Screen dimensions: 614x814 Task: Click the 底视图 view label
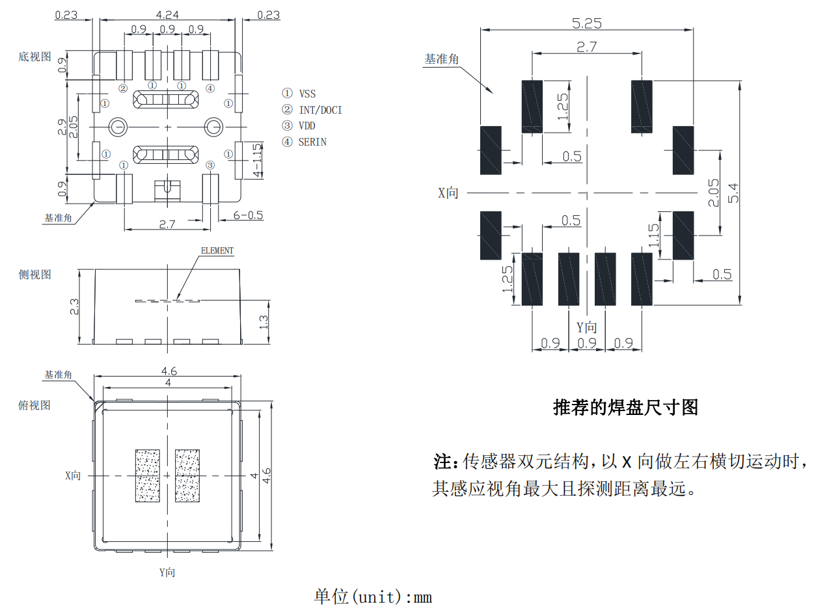(34, 57)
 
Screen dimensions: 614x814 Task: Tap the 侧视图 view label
(34, 275)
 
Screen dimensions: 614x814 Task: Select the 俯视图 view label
(34, 406)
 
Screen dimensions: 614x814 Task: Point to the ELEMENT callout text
(217, 250)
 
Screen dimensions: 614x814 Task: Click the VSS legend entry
(307, 94)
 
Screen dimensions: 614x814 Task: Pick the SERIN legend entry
(312, 141)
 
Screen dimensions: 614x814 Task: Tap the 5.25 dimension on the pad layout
(586, 23)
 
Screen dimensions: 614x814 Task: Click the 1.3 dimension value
(264, 321)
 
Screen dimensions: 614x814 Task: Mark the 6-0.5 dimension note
(248, 215)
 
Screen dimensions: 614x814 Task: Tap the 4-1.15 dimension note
(258, 161)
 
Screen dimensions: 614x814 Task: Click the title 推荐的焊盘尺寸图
(625, 408)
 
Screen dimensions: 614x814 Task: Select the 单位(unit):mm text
(373, 596)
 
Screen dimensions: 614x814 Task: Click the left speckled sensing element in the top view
(147, 475)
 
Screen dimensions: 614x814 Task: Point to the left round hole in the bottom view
(118, 127)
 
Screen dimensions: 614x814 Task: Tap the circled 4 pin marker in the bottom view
(210, 88)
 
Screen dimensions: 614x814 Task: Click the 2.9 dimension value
(62, 127)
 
